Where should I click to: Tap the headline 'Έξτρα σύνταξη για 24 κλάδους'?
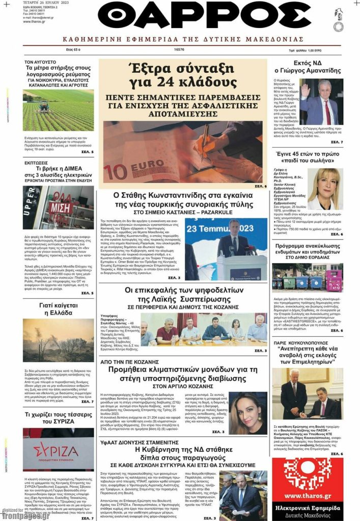[x=183, y=74]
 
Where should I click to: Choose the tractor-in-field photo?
[x=58, y=110]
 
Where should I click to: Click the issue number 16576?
[x=179, y=50]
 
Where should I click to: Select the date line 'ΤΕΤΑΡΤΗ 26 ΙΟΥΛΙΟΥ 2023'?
[x=41, y=3]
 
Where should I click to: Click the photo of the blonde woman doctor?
[x=324, y=189]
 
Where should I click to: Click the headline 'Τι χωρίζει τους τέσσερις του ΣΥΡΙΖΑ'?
[x=58, y=418]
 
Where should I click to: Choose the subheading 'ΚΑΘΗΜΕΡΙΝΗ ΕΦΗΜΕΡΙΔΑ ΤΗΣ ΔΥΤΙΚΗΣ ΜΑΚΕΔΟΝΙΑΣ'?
[x=183, y=39]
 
